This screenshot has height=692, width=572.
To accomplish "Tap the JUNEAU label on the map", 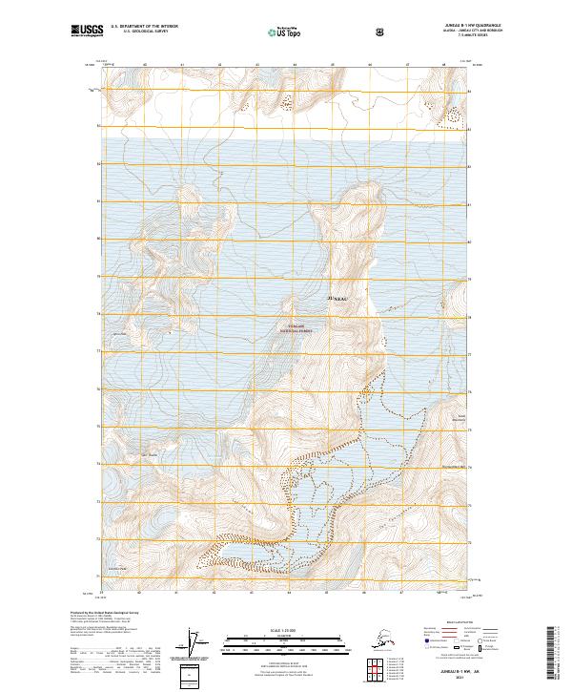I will pos(338,299).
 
